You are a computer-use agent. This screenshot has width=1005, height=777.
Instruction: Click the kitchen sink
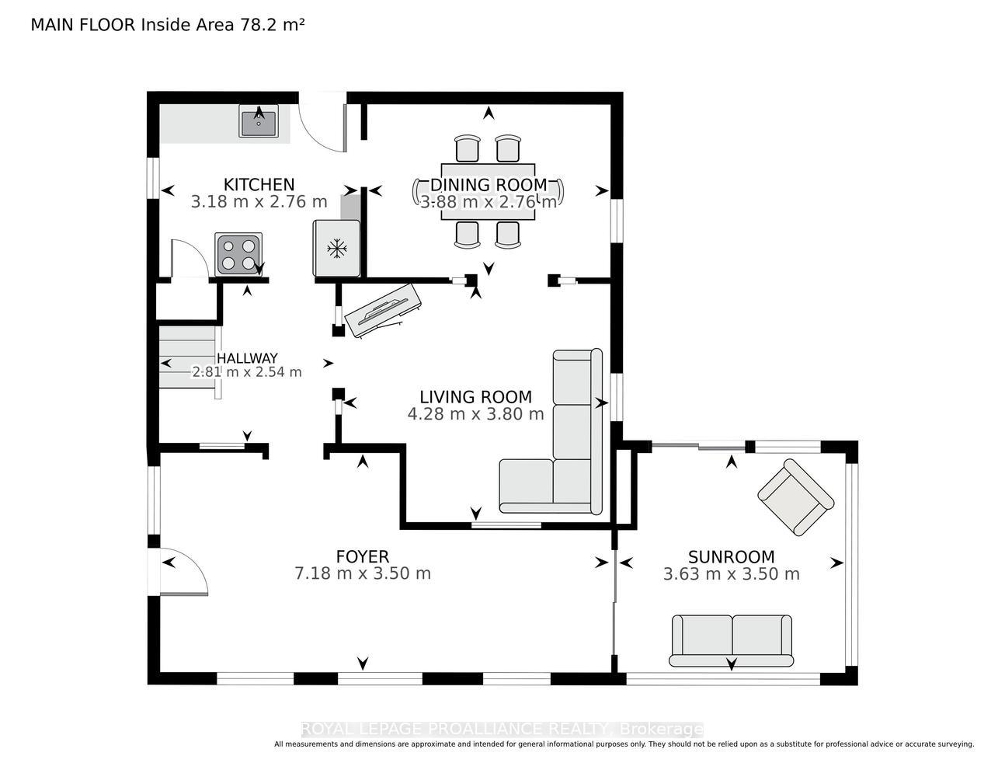(259, 120)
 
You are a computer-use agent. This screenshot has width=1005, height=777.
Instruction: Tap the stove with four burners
(238, 254)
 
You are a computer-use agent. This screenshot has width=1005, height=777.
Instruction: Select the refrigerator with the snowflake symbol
(337, 249)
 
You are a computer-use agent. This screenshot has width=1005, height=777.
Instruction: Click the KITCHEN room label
(259, 185)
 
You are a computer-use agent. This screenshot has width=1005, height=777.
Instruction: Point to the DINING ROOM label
(489, 185)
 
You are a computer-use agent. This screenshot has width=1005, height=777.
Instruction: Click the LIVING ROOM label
(475, 397)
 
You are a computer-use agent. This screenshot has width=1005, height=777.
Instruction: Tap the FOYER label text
(363, 556)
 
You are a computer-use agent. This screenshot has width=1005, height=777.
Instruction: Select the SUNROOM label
(731, 557)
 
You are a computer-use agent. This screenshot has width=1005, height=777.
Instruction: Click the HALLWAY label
(247, 358)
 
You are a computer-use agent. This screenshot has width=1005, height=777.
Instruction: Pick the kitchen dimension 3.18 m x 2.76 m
(259, 202)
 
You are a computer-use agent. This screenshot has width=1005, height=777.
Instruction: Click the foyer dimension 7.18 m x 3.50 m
(363, 573)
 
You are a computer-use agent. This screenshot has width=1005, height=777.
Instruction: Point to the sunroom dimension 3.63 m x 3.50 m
(731, 574)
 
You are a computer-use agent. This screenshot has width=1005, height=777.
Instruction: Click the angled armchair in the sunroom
(795, 497)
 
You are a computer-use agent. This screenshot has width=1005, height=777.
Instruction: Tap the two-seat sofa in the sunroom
(731, 640)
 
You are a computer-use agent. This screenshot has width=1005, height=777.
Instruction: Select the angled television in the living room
(383, 310)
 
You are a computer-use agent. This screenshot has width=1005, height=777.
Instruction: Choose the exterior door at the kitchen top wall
(323, 123)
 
